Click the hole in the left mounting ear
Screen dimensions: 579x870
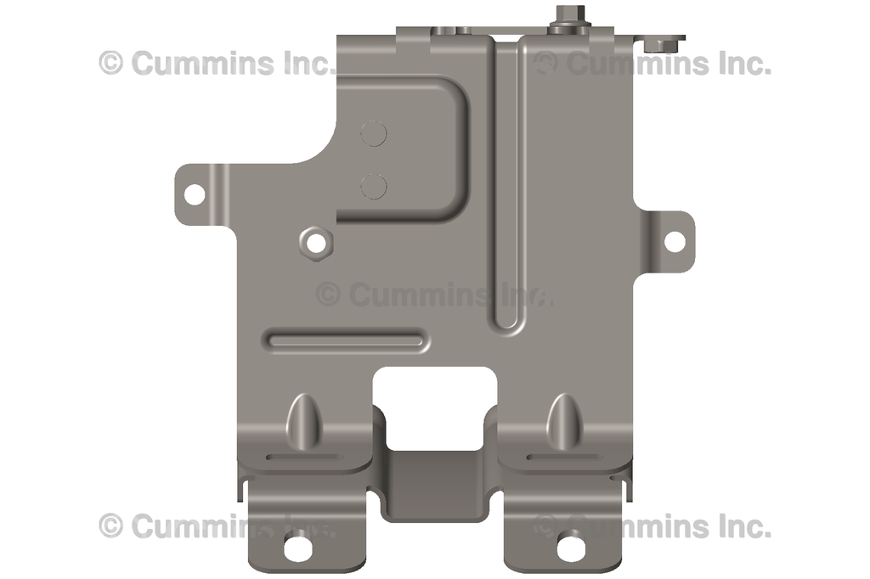point(194,194)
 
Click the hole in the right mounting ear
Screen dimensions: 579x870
point(674,241)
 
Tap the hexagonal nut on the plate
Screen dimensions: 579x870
point(316,243)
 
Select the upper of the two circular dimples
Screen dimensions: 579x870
point(374,132)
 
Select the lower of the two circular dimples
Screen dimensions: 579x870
point(374,185)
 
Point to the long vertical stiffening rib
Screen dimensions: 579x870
point(506,187)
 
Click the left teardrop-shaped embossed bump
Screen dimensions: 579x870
point(303,418)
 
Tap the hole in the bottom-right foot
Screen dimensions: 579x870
point(569,547)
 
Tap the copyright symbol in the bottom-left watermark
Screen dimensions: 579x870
point(110,526)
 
